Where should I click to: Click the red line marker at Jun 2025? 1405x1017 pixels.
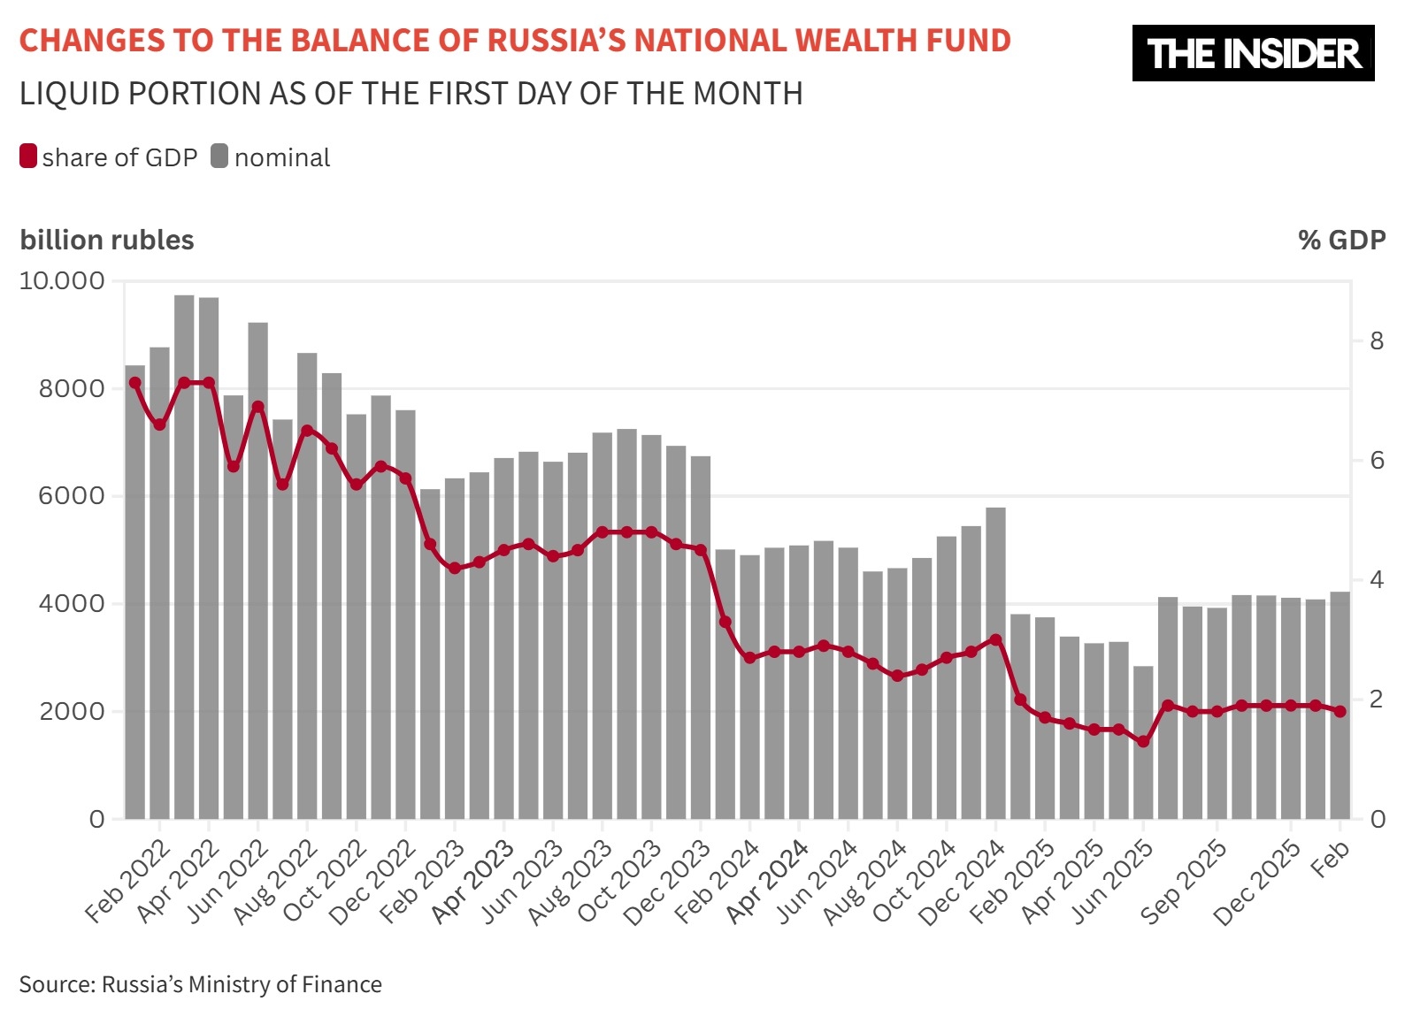(1143, 741)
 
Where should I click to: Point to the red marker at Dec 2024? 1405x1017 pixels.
(995, 639)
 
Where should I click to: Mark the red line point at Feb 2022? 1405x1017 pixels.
(135, 383)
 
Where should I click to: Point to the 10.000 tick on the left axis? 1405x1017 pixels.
(62, 281)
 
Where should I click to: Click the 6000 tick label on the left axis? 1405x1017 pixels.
(71, 496)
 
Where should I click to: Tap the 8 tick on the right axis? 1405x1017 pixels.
(1377, 340)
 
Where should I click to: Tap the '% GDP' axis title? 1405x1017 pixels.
(1341, 240)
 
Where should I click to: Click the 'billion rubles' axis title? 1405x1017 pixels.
(107, 240)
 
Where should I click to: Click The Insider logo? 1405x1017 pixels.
(1253, 53)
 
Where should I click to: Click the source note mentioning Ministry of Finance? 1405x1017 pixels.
(201, 984)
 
